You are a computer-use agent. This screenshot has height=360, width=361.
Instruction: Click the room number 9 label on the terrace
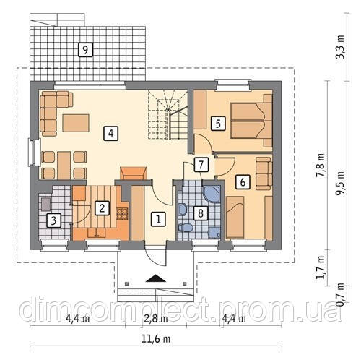point(85,50)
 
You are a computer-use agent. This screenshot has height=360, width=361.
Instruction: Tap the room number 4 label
point(110,133)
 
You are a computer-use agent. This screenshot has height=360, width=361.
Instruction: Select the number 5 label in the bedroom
point(218,124)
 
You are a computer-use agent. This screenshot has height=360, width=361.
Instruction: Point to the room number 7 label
point(201,165)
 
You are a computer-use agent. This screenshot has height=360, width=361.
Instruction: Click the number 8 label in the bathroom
point(201,213)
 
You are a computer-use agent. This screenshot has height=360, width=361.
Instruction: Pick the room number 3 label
point(53,220)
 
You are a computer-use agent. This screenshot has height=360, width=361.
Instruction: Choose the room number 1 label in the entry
point(158,219)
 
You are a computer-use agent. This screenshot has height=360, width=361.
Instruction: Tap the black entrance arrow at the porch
point(156,278)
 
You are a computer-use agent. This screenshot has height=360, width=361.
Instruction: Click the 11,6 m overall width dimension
point(156,339)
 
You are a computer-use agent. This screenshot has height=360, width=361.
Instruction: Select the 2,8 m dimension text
point(156,319)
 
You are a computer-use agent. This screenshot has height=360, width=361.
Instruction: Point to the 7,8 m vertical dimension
point(321,166)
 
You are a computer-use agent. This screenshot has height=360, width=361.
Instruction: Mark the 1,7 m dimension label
point(321,267)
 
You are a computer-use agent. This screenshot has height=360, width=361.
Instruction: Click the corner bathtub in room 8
point(212,194)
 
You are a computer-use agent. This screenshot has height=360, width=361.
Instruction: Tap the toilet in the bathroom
point(186,228)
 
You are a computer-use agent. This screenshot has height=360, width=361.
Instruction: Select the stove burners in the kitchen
point(122,214)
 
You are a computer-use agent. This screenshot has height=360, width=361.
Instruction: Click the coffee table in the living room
point(76,123)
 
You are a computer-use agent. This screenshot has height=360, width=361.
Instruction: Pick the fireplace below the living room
point(133,173)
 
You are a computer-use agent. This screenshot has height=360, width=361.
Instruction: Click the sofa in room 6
point(264,173)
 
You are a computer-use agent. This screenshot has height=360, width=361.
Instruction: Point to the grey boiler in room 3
point(45,205)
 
